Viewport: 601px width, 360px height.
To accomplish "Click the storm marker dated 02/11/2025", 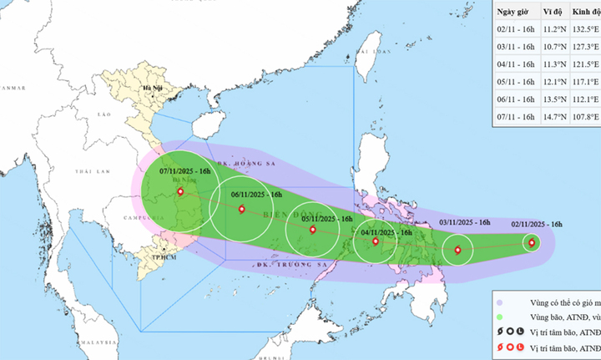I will (x=532, y=243).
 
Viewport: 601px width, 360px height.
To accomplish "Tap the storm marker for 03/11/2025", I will (x=457, y=249).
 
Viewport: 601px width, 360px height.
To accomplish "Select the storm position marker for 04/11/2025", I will (x=376, y=241).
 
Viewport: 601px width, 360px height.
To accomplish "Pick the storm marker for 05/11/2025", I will (x=313, y=229).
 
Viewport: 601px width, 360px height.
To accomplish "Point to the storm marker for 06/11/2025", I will (x=241, y=209).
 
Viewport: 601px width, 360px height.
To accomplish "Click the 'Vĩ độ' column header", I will (x=553, y=12).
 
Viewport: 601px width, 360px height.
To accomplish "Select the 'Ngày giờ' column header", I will (x=515, y=12).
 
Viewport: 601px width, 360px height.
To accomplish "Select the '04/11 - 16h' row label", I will (x=516, y=64).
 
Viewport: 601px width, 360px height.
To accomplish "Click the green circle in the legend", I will (x=499, y=318).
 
